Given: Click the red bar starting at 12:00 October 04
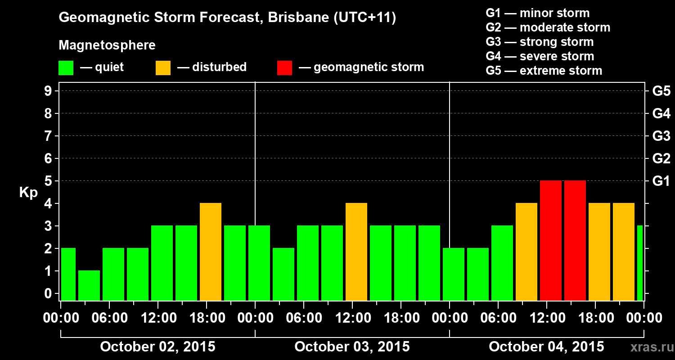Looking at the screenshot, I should click(x=550, y=240).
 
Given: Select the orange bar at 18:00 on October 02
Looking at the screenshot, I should click(x=211, y=252).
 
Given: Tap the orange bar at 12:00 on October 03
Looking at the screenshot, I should click(x=356, y=252).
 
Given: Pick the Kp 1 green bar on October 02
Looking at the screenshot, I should click(x=89, y=285).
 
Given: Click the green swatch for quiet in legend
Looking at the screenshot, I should click(x=66, y=68).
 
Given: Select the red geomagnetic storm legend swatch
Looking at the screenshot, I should click(x=284, y=68).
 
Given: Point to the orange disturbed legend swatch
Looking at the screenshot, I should click(x=163, y=68).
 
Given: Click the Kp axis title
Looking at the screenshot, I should click(x=28, y=193).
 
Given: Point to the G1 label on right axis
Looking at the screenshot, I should click(x=661, y=181).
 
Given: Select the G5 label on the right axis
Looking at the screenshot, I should click(x=661, y=91).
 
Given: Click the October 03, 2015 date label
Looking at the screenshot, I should click(x=352, y=346).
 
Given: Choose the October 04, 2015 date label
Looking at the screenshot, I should click(x=546, y=346).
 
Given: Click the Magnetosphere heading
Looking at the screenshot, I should click(x=107, y=45).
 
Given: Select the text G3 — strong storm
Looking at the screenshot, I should click(x=540, y=42).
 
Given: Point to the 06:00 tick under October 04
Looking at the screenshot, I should click(x=498, y=318).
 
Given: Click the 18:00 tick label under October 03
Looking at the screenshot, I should click(x=400, y=318).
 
